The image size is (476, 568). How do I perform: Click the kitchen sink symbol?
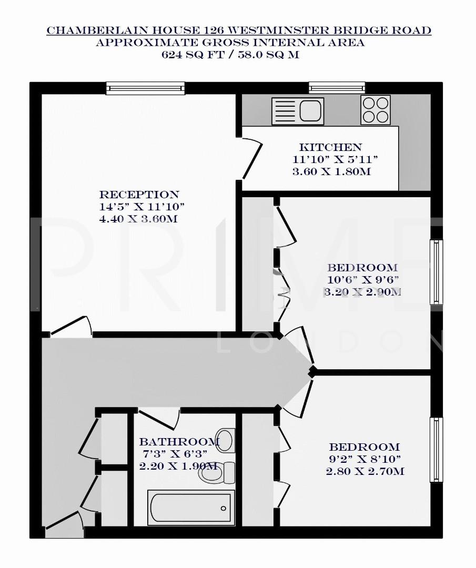coord(297,111)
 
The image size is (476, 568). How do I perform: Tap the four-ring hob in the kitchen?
coord(376,110)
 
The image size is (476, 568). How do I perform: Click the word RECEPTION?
coord(139,195)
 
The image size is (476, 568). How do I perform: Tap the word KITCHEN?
coord(330,147)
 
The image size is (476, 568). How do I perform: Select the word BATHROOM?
coord(179,442)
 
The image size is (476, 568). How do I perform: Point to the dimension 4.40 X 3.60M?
coord(138,219)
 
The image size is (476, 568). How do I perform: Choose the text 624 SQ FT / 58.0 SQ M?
coord(230,55)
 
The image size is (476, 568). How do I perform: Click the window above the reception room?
coord(145,88)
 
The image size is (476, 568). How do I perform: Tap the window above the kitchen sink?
coord(337,87)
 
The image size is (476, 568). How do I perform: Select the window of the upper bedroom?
coord(436,272)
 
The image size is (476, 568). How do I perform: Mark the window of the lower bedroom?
coord(436,450)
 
